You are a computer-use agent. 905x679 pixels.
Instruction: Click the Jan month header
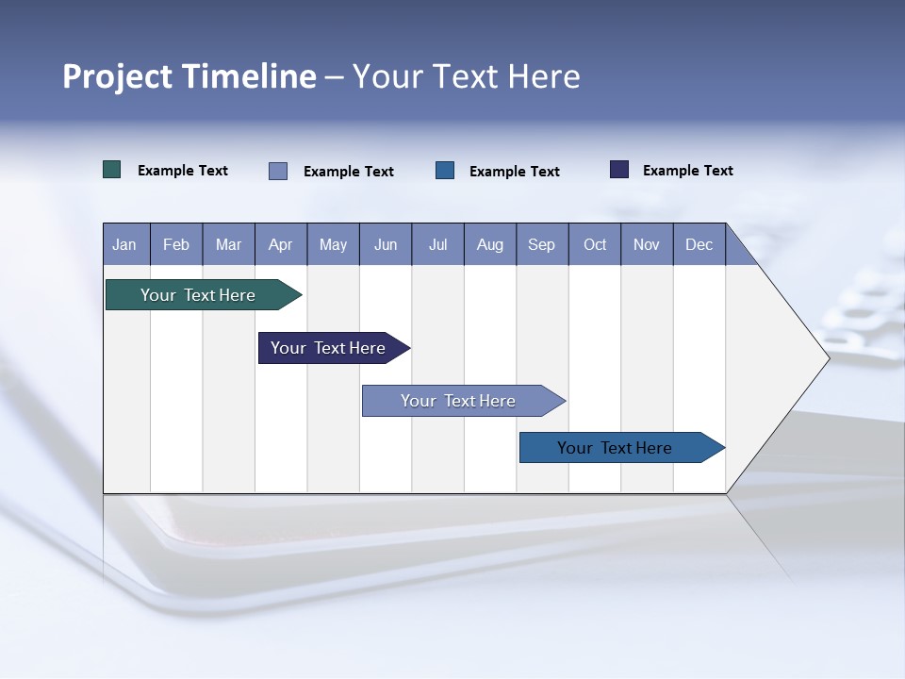pos(124,245)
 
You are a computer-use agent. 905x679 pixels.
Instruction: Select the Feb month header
pos(176,245)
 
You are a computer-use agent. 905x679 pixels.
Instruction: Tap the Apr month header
pos(280,245)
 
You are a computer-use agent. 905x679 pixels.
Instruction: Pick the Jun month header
pos(386,245)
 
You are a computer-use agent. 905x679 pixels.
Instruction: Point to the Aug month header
pos(489,245)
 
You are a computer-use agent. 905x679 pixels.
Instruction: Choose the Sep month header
pos(541,245)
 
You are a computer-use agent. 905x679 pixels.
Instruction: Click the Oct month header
pos(595,245)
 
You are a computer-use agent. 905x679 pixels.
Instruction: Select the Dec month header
pos(699,245)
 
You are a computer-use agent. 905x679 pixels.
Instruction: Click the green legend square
pos(112,170)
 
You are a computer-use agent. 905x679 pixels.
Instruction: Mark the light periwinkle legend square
pos(278,171)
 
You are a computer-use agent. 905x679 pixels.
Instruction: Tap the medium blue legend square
pos(445,171)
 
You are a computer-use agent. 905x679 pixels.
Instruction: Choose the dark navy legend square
pos(619,170)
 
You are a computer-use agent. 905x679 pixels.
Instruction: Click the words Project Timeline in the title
pos(189,76)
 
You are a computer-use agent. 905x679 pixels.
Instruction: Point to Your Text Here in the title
pos(466,76)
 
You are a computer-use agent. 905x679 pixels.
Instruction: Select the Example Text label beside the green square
pos(183,171)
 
